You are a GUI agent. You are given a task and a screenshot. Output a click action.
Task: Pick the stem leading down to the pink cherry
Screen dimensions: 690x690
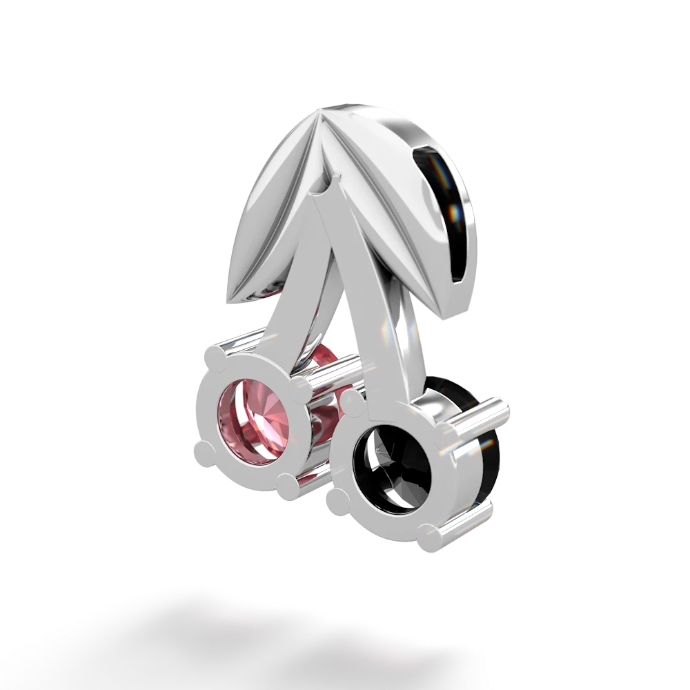[x=290, y=297]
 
